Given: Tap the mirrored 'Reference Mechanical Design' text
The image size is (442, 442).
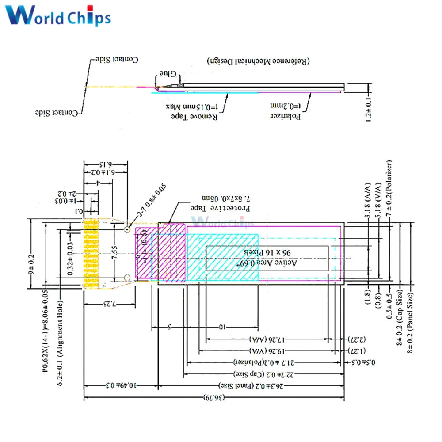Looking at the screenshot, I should (x=258, y=60).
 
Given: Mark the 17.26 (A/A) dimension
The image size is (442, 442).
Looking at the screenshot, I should (x=267, y=339).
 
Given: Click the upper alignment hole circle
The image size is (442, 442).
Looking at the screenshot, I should (x=127, y=229).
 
